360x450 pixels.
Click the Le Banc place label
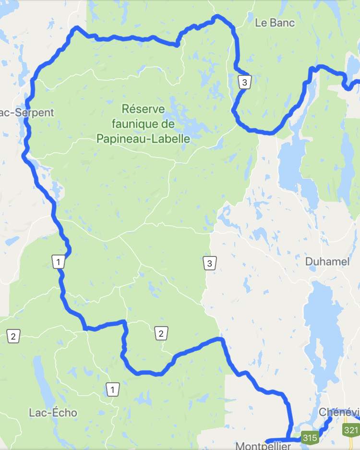pos(275,22)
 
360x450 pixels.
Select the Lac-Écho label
pos(53,413)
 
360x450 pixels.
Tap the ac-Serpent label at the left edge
pos(27,113)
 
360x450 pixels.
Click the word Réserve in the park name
pos(143,108)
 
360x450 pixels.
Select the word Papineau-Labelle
pos(143,139)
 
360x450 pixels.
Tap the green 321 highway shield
pos(351,430)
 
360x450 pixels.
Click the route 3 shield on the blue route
pos(244,82)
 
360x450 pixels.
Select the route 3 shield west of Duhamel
pos(209,263)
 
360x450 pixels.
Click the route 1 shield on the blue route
pos(58,262)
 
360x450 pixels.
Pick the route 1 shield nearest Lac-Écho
pos(112,389)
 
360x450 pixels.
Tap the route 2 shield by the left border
pos(13,336)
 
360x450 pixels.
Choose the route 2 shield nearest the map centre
pos(161,333)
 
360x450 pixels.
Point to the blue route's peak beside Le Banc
pos(217,17)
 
